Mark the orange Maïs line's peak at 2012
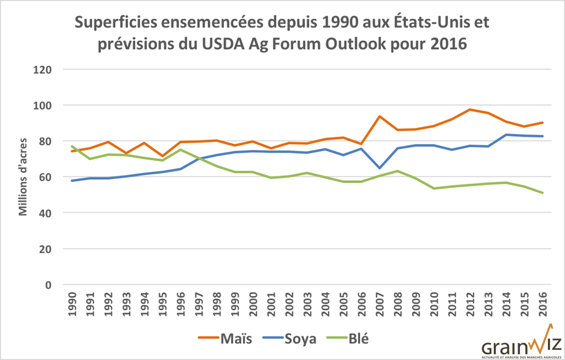(471, 109)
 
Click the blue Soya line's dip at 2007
(380, 168)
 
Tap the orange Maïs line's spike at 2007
(380, 116)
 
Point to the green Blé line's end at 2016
(543, 193)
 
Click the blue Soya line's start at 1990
(71, 181)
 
